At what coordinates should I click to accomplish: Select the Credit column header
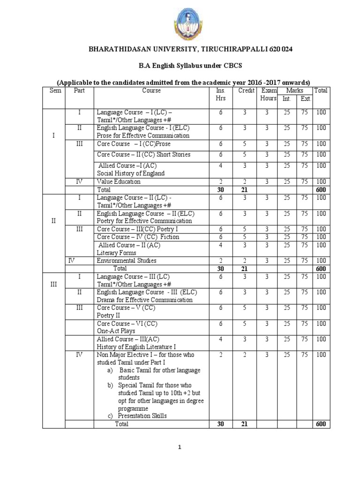[247, 90]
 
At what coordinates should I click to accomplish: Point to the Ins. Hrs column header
[221, 94]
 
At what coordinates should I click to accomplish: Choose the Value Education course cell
[119, 181]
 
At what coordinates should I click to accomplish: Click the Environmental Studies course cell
[127, 261]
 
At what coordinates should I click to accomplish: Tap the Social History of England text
[131, 173]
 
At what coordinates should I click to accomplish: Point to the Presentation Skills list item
[142, 416]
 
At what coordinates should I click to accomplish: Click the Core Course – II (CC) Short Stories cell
[143, 155]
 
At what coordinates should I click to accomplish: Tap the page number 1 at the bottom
[180, 448]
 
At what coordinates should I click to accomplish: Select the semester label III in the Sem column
[54, 285]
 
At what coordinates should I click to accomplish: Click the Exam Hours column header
[269, 94]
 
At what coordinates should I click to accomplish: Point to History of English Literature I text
[130, 347]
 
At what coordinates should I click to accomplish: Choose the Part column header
[79, 90]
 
